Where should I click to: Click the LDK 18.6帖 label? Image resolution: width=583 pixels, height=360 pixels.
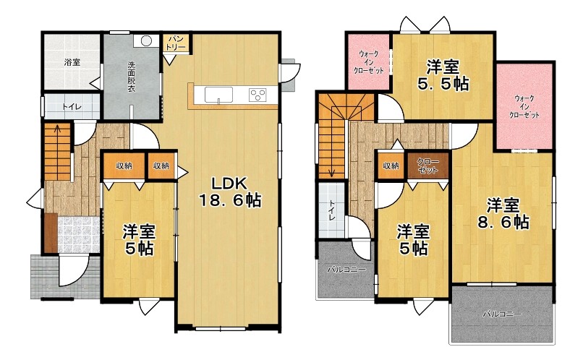click(230, 192)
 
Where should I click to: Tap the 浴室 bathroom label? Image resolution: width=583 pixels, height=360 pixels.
click(72, 62)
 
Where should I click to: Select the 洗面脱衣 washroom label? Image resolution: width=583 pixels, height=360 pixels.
click(132, 77)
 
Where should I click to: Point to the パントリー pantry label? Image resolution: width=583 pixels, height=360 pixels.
click(176, 43)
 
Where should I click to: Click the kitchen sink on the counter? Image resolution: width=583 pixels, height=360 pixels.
click(218, 95)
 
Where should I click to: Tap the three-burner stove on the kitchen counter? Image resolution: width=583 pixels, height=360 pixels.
click(258, 95)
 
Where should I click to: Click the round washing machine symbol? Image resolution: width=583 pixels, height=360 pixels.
click(146, 41)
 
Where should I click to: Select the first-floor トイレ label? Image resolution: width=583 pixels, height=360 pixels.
click(72, 106)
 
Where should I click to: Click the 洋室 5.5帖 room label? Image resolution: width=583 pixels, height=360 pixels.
click(443, 75)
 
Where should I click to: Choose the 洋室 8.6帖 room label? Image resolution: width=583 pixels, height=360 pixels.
click(503, 213)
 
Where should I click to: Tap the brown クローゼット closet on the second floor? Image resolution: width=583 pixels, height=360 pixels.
click(427, 166)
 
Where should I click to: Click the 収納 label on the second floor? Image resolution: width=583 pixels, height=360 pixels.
click(391, 166)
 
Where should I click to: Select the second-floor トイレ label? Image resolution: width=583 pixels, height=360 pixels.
click(332, 210)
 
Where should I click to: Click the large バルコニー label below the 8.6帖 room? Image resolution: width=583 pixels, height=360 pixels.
click(502, 314)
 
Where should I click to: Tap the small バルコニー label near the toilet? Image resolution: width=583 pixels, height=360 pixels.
click(346, 270)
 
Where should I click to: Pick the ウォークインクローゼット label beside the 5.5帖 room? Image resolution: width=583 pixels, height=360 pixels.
click(368, 61)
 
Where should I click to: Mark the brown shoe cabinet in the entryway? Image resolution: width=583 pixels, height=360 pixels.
click(51, 233)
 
